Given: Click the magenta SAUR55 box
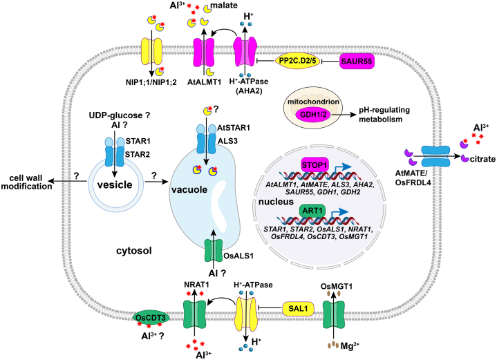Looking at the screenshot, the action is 357,61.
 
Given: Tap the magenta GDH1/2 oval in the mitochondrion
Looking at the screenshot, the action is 313,115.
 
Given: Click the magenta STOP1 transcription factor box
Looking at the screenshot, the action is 315,165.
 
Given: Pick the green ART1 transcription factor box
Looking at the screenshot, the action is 312,211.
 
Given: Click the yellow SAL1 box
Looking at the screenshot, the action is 298,308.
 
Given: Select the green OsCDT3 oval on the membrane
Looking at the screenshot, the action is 151,317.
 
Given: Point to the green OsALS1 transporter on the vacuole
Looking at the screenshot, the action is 214,251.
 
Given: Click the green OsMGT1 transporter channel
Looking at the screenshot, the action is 334,315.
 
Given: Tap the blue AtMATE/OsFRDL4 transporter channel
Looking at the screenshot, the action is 435,156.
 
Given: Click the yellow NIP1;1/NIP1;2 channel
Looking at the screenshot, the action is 151,52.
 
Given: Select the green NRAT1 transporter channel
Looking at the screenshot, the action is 194,314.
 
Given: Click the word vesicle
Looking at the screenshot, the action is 115,184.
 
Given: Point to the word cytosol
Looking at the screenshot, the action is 134,251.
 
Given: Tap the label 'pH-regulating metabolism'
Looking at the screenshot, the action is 384,115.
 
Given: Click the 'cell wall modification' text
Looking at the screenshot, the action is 26,182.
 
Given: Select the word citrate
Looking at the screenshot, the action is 482,159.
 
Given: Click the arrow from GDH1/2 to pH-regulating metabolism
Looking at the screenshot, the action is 344,115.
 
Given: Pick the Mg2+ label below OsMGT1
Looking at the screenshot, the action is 350,345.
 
